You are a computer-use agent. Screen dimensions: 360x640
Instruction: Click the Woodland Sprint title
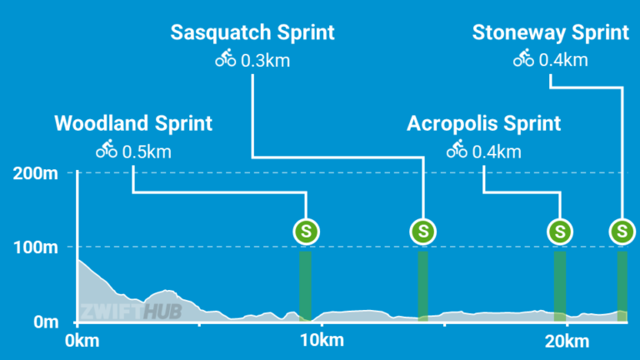click(133, 124)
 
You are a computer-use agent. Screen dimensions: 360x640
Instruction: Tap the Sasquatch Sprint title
click(252, 33)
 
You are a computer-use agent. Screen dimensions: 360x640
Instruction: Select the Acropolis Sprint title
click(483, 124)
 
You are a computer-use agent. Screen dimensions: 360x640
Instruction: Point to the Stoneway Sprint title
click(550, 33)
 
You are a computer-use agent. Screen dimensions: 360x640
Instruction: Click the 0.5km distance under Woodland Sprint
click(147, 152)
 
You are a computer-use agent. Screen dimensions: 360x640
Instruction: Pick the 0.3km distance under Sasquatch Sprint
click(266, 60)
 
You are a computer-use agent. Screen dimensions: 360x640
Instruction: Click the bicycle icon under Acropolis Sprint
click(457, 151)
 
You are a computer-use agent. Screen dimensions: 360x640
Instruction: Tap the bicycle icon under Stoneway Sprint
click(523, 59)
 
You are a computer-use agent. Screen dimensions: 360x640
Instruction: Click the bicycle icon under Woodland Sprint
click(107, 151)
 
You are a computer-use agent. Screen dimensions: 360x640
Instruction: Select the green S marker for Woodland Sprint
click(307, 231)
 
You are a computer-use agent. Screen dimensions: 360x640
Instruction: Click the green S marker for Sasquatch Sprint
click(424, 231)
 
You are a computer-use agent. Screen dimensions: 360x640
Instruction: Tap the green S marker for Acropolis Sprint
click(561, 231)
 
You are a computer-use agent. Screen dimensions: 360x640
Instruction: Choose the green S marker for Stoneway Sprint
click(622, 231)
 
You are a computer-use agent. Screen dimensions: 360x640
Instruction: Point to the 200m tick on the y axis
click(35, 173)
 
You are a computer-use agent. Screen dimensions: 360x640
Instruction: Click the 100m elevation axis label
click(35, 247)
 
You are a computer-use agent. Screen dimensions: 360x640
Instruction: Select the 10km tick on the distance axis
click(321, 341)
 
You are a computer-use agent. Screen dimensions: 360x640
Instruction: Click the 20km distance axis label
click(566, 341)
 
